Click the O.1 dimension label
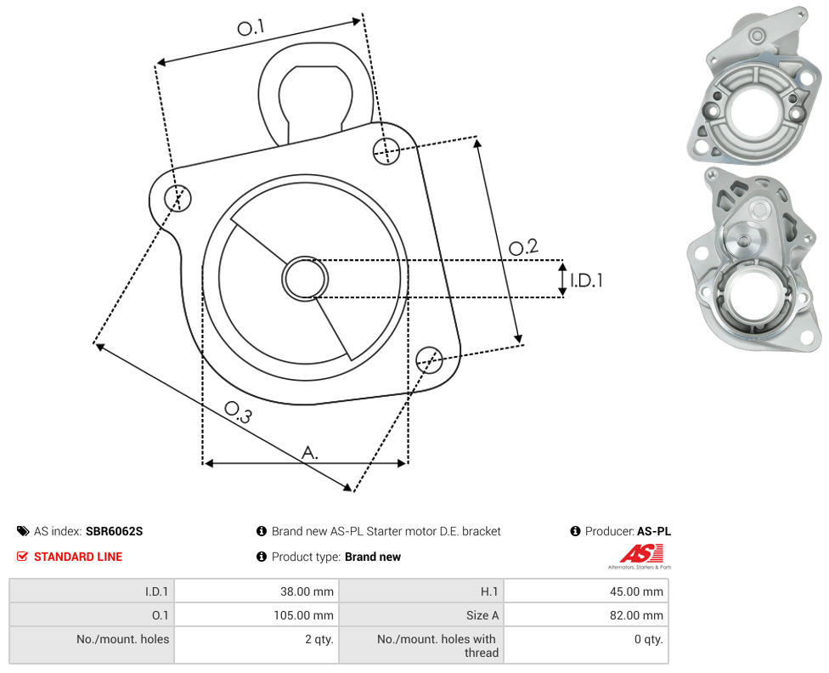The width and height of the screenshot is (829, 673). (x=251, y=27)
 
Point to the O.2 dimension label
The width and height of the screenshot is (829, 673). (x=523, y=246)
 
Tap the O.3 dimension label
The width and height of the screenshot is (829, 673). (x=238, y=412)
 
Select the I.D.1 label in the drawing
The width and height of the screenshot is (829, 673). (x=586, y=280)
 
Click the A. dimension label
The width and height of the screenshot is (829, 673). (x=310, y=453)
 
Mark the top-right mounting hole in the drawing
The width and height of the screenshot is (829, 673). (x=386, y=150)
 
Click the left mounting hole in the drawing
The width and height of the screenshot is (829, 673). (x=178, y=198)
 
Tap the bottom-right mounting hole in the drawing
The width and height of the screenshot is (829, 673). (x=429, y=360)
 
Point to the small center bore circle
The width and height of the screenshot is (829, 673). (x=305, y=279)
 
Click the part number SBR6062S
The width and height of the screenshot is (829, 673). (x=114, y=531)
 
